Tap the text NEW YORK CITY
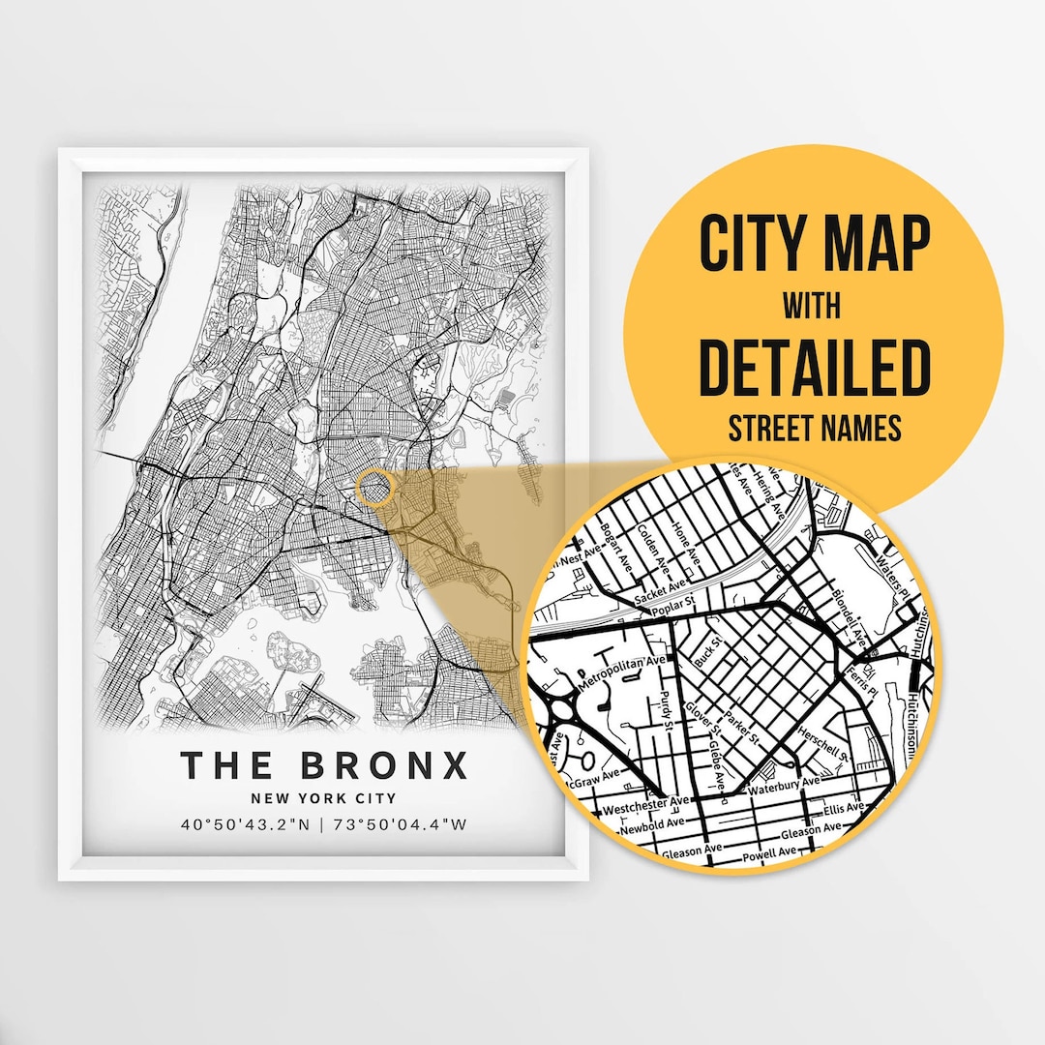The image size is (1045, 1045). coord(323,799)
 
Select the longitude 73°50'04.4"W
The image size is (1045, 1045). coord(399,825)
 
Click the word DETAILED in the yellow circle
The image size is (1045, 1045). coord(814,367)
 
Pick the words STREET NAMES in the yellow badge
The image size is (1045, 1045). coord(814,428)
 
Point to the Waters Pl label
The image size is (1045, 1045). coord(887,561)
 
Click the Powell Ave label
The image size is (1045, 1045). coord(769,853)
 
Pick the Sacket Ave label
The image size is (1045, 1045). coord(660,591)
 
